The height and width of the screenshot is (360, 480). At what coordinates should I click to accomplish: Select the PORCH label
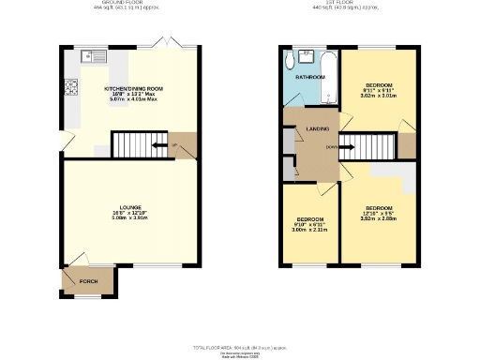(x=88, y=279)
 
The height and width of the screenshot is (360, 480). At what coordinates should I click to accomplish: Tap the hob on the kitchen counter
(x=70, y=89)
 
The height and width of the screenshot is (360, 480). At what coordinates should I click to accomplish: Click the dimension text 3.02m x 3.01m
(x=378, y=96)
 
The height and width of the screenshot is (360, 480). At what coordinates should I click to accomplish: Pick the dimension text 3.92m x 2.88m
(x=378, y=218)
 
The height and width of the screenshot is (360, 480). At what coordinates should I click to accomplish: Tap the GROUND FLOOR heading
(x=129, y=4)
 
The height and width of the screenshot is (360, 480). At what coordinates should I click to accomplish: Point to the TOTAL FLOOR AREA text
(x=239, y=346)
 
